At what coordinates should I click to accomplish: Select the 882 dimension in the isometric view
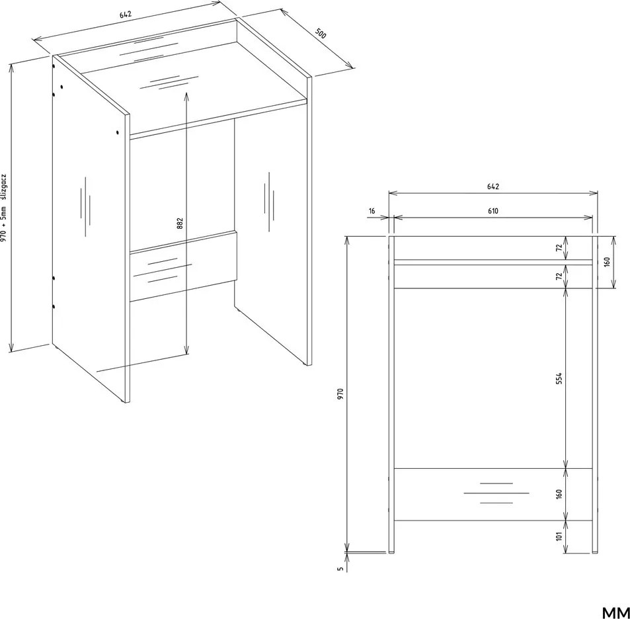180,224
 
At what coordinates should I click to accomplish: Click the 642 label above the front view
492,186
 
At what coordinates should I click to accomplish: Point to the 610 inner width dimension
492,211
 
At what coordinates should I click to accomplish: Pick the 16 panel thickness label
372,211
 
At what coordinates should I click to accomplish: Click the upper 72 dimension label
559,249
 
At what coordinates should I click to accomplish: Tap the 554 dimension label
559,378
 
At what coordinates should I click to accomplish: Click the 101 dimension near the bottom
559,536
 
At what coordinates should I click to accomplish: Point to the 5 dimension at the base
340,567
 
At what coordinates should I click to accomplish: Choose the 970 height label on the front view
340,394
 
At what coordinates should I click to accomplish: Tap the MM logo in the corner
616,609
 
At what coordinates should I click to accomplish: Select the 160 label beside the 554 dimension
559,494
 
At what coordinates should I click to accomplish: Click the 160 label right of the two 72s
607,262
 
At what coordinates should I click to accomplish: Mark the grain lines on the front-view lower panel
496,493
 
